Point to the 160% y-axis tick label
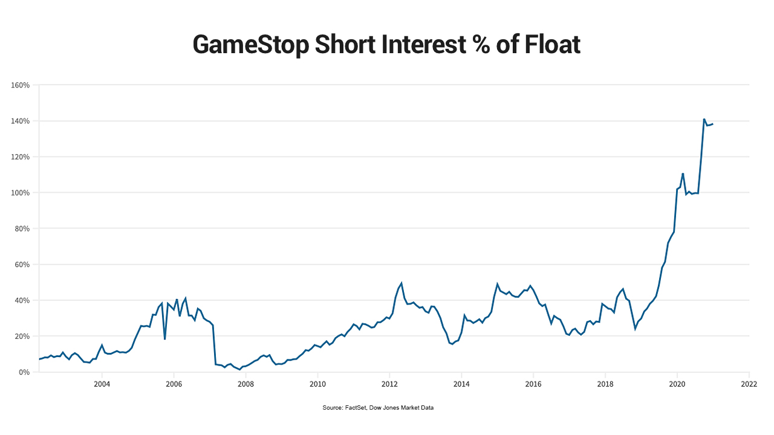(21, 85)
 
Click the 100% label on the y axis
(21, 193)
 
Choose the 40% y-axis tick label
(22, 300)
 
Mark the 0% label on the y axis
(24, 372)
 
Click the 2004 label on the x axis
(102, 384)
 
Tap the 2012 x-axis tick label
(389, 384)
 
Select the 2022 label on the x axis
(749, 384)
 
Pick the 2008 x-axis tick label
(246, 384)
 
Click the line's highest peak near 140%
(704, 119)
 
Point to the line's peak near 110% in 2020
(683, 173)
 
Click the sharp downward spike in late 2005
(164, 339)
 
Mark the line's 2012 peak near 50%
(401, 283)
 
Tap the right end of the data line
(713, 124)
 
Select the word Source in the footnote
(332, 408)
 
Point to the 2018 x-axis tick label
(605, 384)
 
